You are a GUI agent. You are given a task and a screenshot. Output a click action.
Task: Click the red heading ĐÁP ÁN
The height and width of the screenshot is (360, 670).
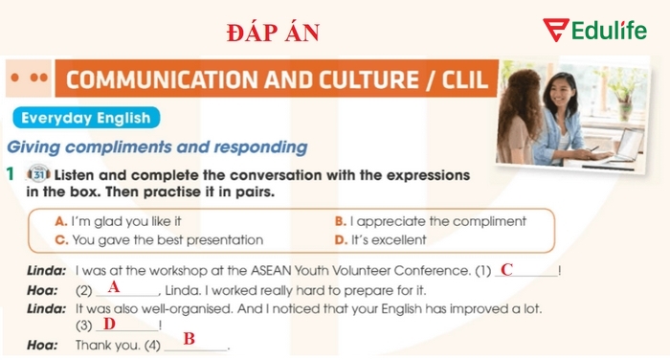tap(273, 33)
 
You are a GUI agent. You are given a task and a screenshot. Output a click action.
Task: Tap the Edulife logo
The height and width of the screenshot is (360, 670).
tap(594, 31)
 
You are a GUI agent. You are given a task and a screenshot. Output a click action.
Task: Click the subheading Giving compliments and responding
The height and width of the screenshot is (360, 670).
tap(157, 147)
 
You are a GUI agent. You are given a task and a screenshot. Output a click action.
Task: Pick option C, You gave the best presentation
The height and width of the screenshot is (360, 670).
tap(159, 239)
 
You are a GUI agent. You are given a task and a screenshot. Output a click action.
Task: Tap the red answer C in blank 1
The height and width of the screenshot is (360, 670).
tap(507, 269)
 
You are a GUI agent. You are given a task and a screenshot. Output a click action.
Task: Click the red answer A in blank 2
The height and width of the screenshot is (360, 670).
tap(114, 286)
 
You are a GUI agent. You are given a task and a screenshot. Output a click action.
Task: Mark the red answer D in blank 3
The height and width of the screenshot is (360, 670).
tap(109, 324)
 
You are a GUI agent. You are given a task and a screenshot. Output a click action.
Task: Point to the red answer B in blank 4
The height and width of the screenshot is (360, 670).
tap(190, 338)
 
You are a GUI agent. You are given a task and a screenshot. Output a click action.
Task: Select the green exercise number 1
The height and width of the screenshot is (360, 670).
tap(9, 175)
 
